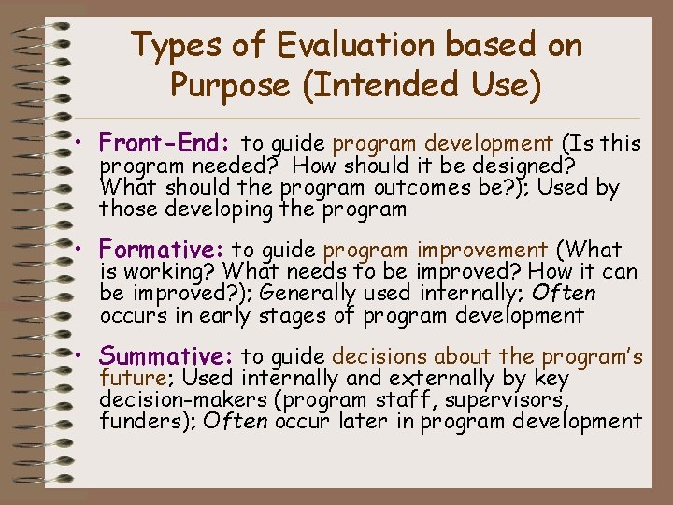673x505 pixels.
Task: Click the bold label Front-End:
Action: (165, 143)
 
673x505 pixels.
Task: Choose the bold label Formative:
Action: (164, 250)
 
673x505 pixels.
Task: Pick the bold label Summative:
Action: (166, 356)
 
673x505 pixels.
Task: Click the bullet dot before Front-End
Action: (82, 145)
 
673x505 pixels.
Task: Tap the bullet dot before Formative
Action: (82, 252)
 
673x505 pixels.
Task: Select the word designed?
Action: (523, 166)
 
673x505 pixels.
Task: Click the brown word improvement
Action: (482, 250)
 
